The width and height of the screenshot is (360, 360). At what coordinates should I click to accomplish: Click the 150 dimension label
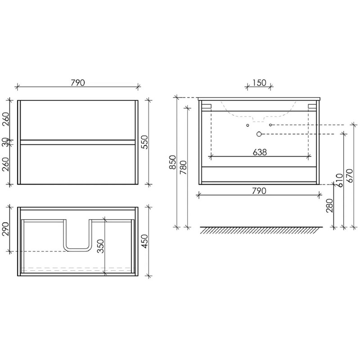point(260,83)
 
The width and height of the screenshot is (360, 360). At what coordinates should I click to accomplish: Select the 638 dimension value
point(260,152)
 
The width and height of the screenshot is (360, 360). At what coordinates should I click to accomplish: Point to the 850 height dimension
point(172,162)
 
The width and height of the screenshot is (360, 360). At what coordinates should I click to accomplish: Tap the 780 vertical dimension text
point(184,167)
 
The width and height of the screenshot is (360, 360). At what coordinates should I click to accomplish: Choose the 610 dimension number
point(339,180)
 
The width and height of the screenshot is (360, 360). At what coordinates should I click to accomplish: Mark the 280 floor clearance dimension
point(330,206)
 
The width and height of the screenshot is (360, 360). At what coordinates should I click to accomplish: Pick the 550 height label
point(145,142)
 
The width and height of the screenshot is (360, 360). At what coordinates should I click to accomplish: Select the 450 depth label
point(145,241)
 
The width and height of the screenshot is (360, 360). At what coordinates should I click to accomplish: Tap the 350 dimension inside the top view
point(100,246)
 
